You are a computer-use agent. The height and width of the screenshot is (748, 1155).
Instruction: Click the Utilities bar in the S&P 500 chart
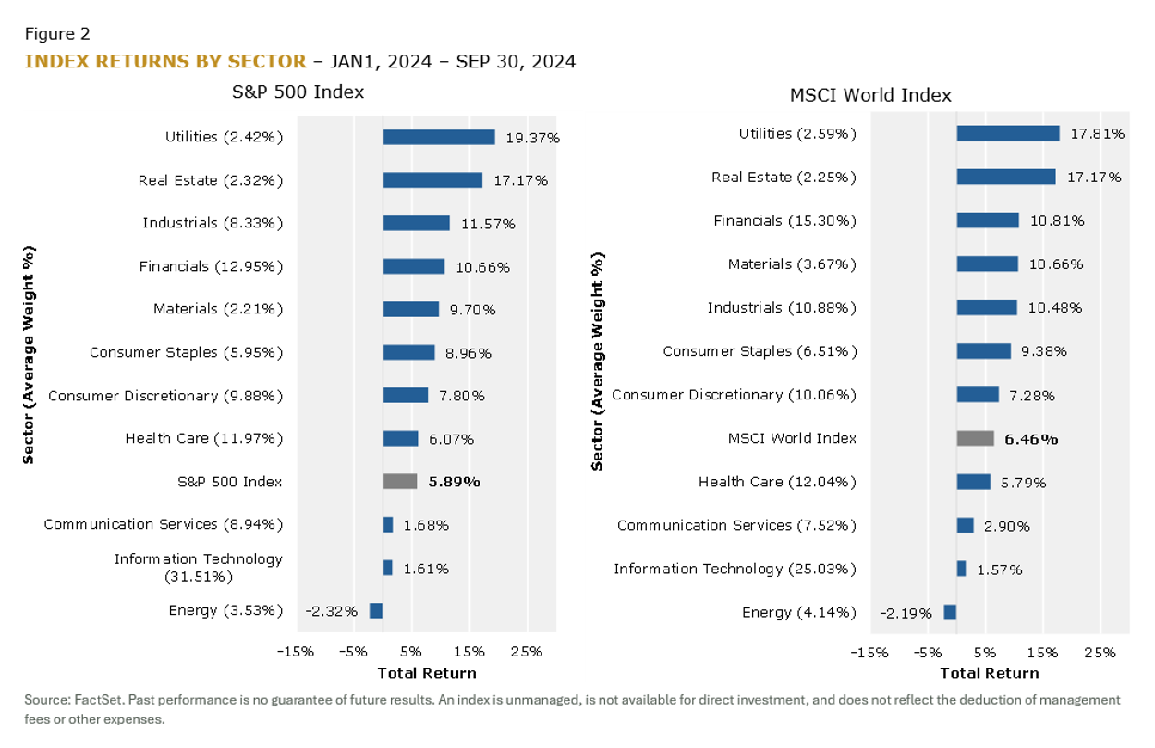coord(439,137)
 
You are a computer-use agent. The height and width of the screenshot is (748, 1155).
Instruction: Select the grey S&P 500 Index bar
coord(400,481)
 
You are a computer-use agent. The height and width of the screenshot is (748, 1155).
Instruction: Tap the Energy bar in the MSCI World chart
coord(950,612)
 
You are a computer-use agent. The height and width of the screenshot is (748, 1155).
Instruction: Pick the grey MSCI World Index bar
coord(975,438)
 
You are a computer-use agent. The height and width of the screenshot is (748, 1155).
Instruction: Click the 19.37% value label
coord(532,138)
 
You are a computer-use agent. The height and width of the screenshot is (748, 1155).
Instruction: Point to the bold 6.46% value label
coord(1031,439)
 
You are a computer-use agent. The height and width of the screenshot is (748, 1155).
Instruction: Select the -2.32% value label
coord(331,611)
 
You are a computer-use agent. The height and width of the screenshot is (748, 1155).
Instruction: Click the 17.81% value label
coord(1098,134)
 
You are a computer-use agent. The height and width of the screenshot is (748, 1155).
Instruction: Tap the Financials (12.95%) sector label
coord(211,266)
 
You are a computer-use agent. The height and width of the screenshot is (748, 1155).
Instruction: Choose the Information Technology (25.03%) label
coord(735,569)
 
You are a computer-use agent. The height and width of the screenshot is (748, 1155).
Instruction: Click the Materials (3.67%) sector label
coord(792,264)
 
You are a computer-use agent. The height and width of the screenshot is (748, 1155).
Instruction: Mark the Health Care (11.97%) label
coord(204,438)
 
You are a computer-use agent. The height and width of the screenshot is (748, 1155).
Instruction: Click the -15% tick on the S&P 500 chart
coord(296,651)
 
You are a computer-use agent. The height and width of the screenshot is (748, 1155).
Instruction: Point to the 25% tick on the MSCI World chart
coord(1100,653)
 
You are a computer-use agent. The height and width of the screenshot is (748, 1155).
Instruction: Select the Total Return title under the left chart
coord(427,673)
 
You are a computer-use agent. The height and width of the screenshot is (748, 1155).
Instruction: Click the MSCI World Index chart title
coord(870,95)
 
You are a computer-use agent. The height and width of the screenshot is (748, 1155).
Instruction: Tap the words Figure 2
coord(57,34)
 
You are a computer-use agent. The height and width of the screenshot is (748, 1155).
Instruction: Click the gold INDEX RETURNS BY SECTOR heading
coord(165,62)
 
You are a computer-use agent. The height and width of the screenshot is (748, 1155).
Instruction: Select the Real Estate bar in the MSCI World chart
coord(1005,177)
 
